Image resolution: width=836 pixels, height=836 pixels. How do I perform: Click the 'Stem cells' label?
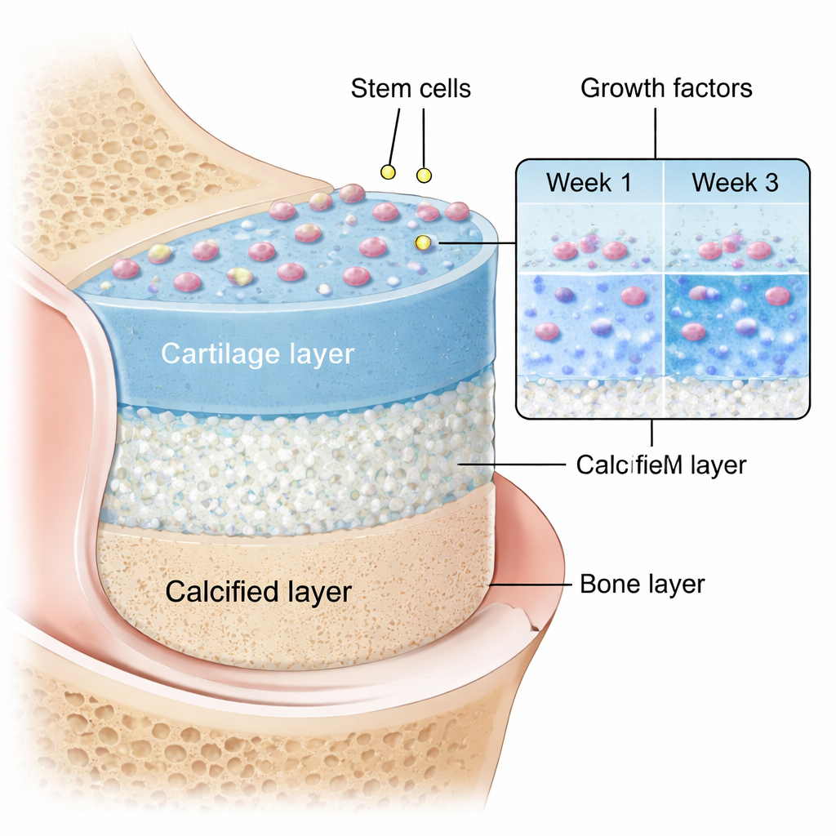tap(411, 88)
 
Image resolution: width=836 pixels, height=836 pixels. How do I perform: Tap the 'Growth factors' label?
tap(666, 88)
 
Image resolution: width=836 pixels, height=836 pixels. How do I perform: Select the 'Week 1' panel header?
tap(589, 182)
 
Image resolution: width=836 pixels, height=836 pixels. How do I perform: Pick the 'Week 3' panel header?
tap(735, 182)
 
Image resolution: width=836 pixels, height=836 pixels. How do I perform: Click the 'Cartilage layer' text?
tap(257, 354)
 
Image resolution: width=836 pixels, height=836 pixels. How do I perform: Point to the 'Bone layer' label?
tap(642, 585)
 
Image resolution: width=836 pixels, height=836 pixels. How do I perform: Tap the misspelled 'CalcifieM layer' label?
tap(660, 465)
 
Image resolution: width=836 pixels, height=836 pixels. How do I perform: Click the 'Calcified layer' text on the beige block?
tap(258, 592)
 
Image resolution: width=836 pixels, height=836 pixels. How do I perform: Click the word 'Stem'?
tap(380, 88)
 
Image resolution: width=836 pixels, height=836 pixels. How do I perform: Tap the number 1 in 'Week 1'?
tap(624, 182)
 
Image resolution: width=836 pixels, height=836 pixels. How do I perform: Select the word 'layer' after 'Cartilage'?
tap(319, 354)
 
